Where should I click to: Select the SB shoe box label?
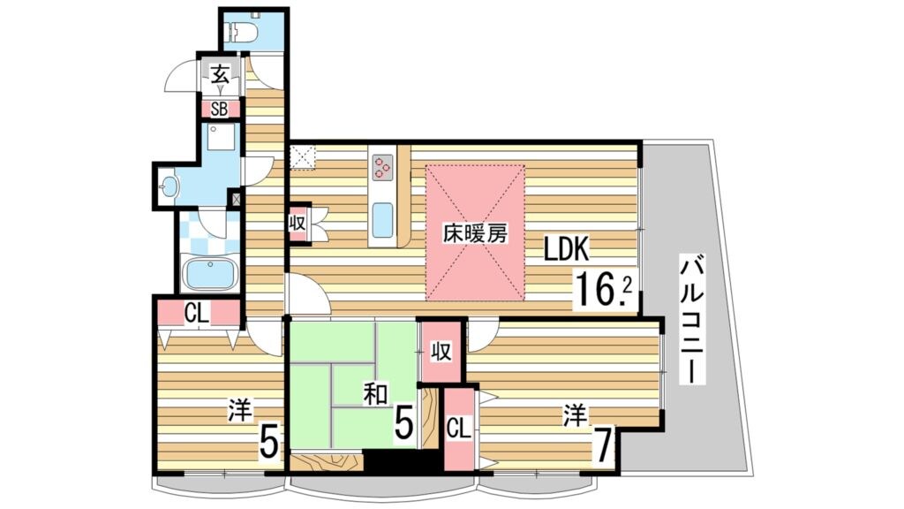[x=219, y=110]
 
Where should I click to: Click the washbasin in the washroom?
[x=170, y=186]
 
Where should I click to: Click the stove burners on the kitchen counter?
[x=383, y=166]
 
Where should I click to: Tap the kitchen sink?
[x=382, y=219]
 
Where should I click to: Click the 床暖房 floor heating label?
[x=475, y=234]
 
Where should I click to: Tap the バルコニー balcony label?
[x=695, y=318]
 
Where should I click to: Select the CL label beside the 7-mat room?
[x=458, y=429]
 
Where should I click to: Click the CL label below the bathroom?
[x=197, y=311]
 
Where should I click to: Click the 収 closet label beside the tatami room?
[x=441, y=352]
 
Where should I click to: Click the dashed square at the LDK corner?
[x=304, y=157]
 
